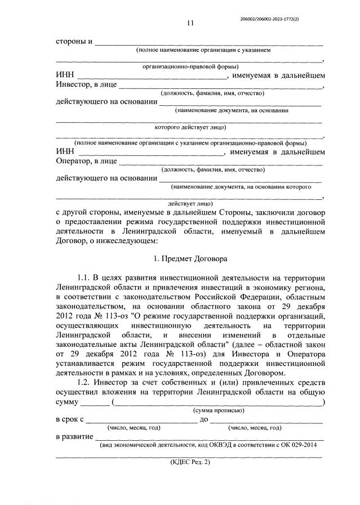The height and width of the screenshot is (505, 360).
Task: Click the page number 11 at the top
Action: coord(190,23)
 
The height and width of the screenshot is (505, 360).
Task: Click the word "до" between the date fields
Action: coord(205,420)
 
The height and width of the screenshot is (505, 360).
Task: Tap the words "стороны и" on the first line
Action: coord(74,42)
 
